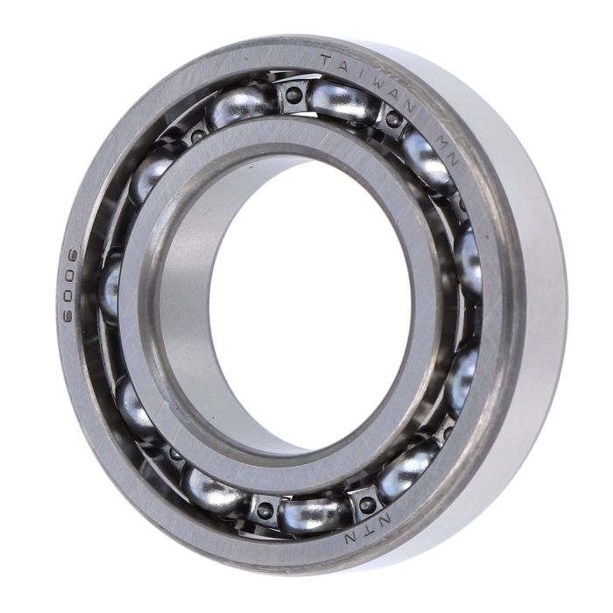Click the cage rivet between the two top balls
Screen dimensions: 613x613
click(292, 94)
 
